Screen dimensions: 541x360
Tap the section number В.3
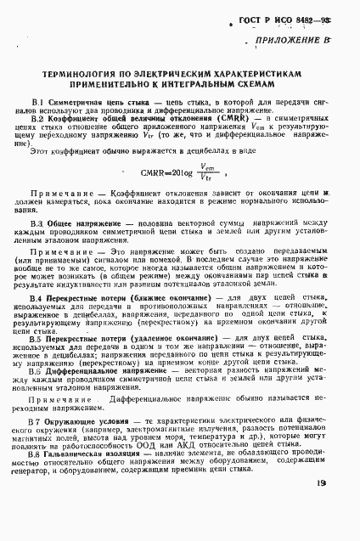(37, 222)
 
